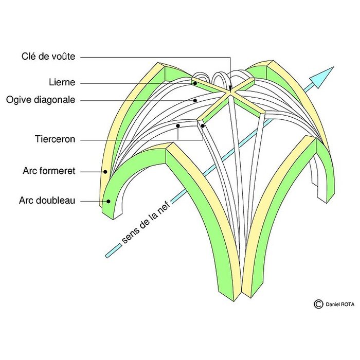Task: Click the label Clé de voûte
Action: coord(48,57)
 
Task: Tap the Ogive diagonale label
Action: coord(41,100)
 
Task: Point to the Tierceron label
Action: coord(55,139)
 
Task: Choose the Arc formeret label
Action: coord(49,171)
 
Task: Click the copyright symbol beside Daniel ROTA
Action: coord(318,304)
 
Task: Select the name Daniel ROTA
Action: coord(338,304)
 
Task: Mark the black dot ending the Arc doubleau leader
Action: coord(108,201)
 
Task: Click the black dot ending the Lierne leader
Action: coord(195,83)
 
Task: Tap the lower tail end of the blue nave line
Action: coord(106,255)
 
